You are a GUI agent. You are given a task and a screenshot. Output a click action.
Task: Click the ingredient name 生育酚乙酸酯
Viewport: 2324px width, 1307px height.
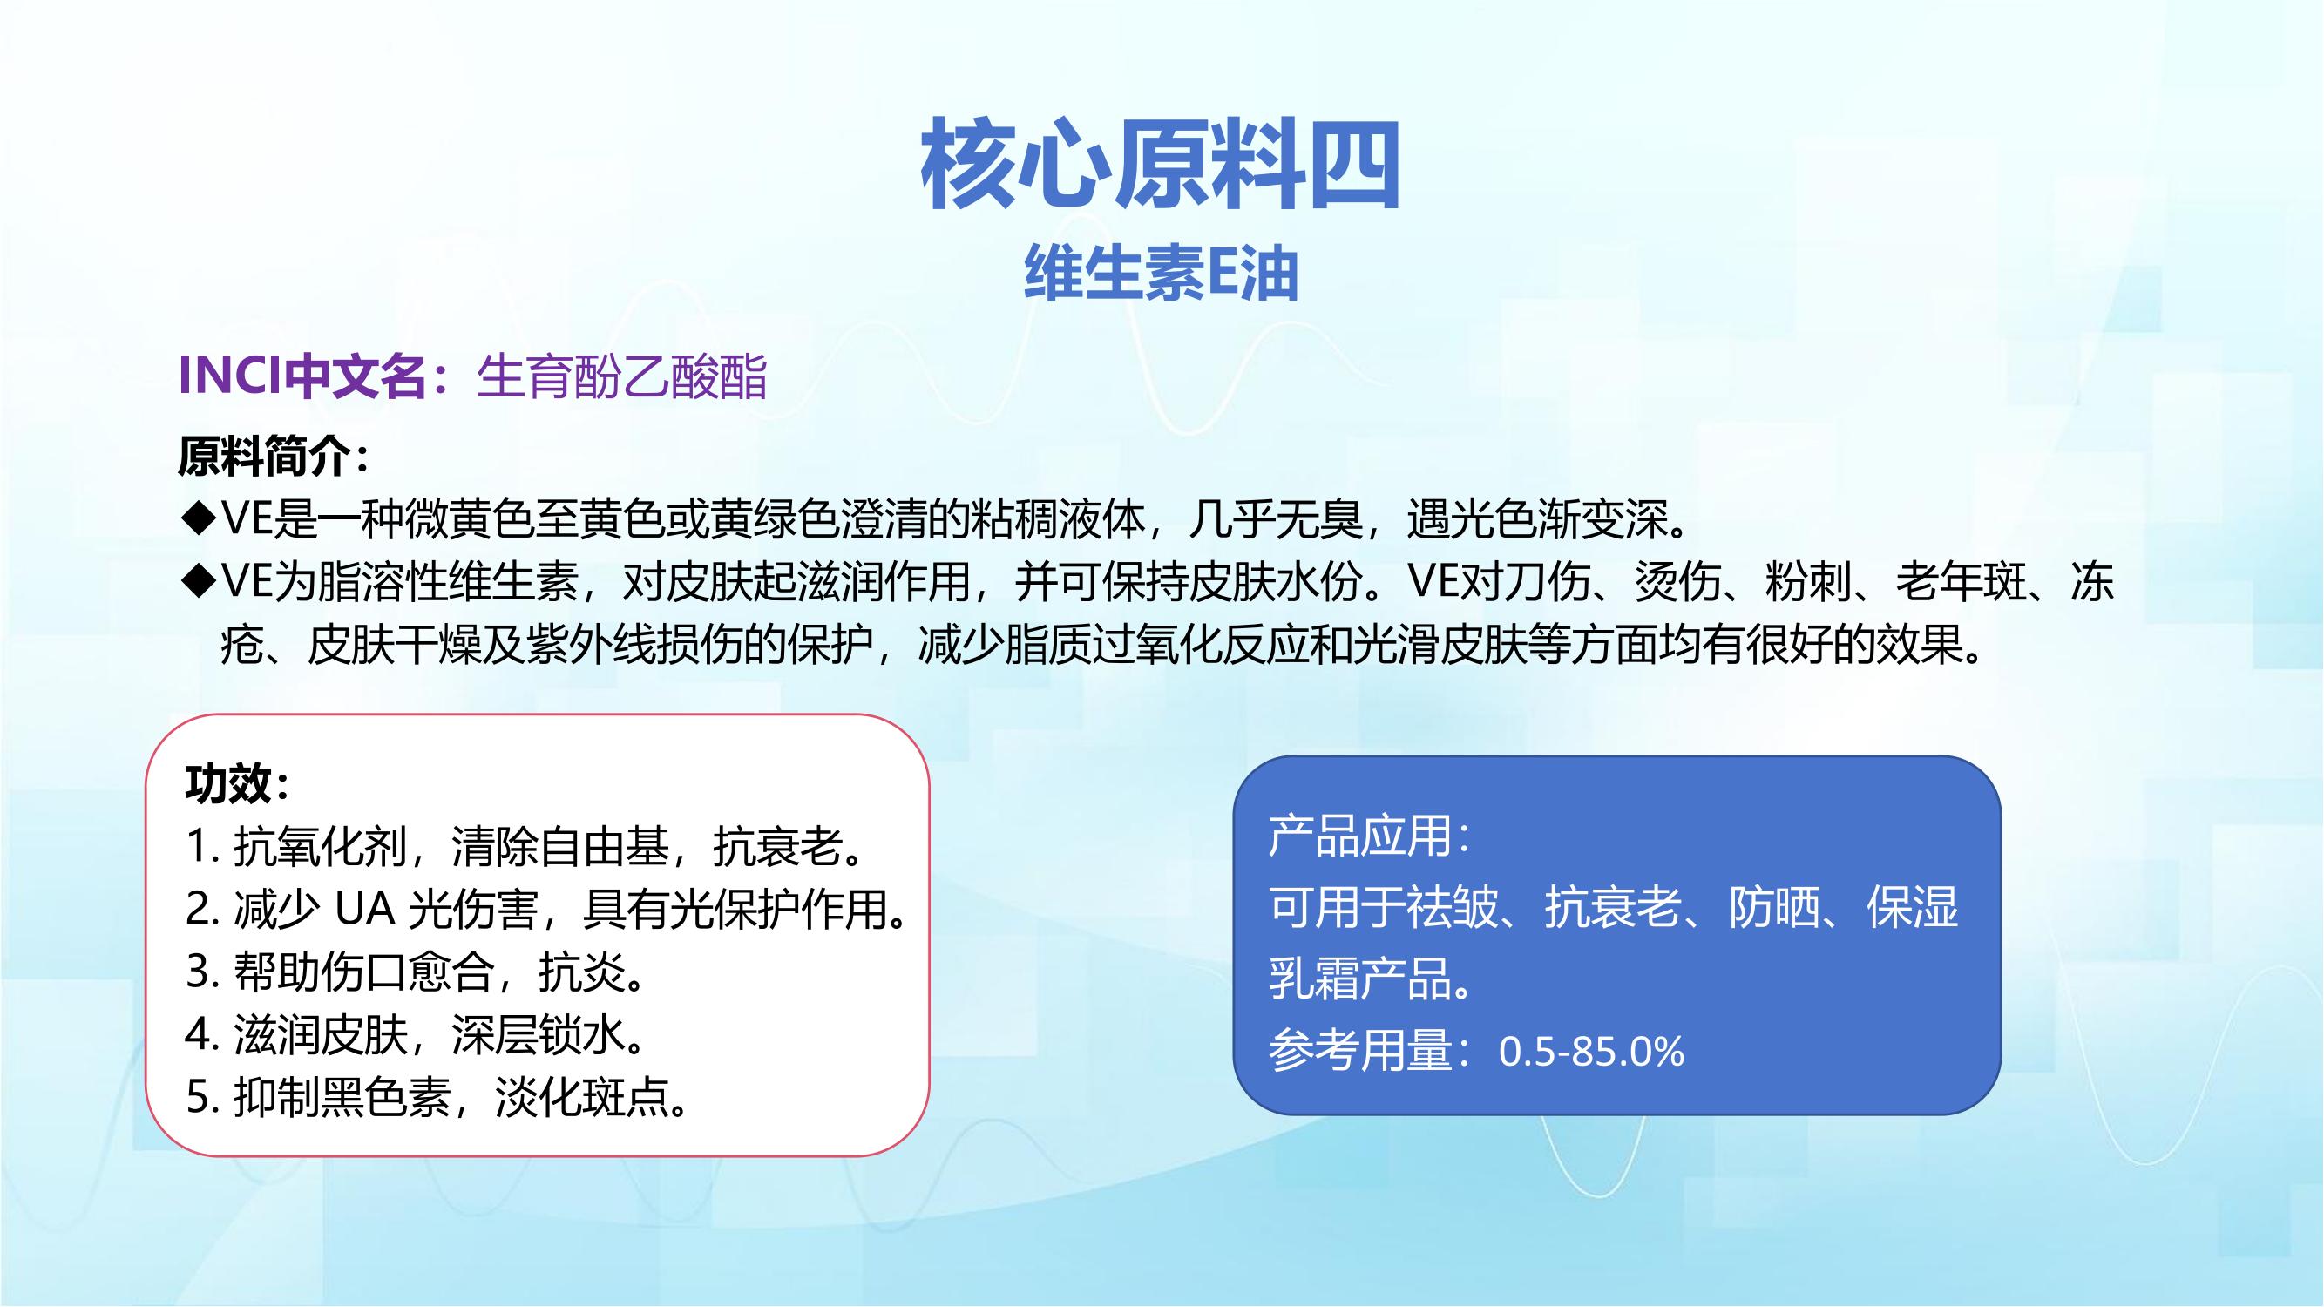click(621, 376)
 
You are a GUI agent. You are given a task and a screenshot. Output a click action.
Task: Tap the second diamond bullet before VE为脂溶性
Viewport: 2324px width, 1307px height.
click(196, 582)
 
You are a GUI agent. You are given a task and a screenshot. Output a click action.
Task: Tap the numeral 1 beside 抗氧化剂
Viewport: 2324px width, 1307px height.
click(197, 847)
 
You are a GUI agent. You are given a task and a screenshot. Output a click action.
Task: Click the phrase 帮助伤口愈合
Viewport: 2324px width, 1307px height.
click(364, 972)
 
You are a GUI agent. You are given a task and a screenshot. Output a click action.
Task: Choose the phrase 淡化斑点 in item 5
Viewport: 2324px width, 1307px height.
click(583, 1098)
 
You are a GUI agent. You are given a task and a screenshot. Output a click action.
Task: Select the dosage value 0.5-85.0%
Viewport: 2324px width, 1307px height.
click(1591, 1052)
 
